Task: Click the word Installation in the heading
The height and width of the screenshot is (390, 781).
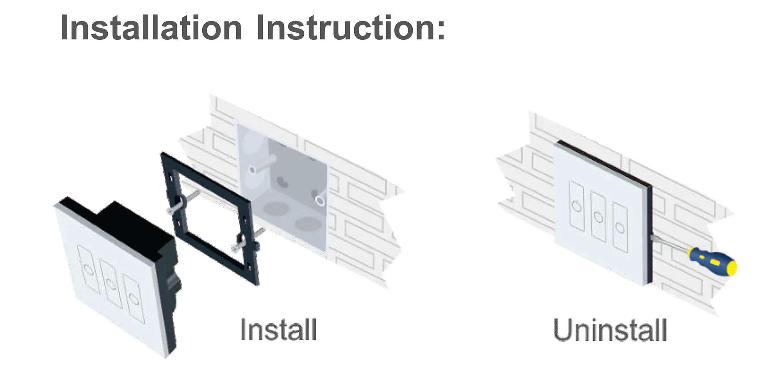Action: click(x=151, y=28)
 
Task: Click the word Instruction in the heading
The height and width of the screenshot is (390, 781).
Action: click(x=351, y=28)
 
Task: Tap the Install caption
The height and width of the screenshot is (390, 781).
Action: click(x=278, y=330)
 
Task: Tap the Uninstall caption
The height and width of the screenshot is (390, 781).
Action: click(x=610, y=330)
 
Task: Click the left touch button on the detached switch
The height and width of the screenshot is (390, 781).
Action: click(x=89, y=269)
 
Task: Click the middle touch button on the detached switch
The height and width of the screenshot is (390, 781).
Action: click(x=112, y=284)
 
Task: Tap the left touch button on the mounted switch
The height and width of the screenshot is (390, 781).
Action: click(x=577, y=206)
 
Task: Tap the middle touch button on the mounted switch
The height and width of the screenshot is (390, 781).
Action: click(x=598, y=216)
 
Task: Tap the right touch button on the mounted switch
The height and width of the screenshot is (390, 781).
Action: click(x=620, y=227)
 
